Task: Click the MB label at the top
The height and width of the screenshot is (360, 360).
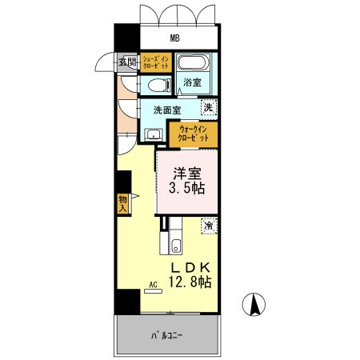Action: coord(174,38)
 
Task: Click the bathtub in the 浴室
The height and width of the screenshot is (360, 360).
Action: coord(192,64)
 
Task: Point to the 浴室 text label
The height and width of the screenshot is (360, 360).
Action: coord(192,83)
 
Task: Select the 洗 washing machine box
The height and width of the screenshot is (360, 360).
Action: coord(207,108)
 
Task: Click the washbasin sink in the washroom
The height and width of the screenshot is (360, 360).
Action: coord(153,133)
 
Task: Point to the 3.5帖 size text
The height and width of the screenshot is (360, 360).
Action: coord(186,190)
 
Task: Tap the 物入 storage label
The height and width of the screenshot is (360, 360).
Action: coord(123,203)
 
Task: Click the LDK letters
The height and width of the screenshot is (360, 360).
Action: coord(189,266)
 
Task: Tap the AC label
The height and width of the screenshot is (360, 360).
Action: coord(153,283)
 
